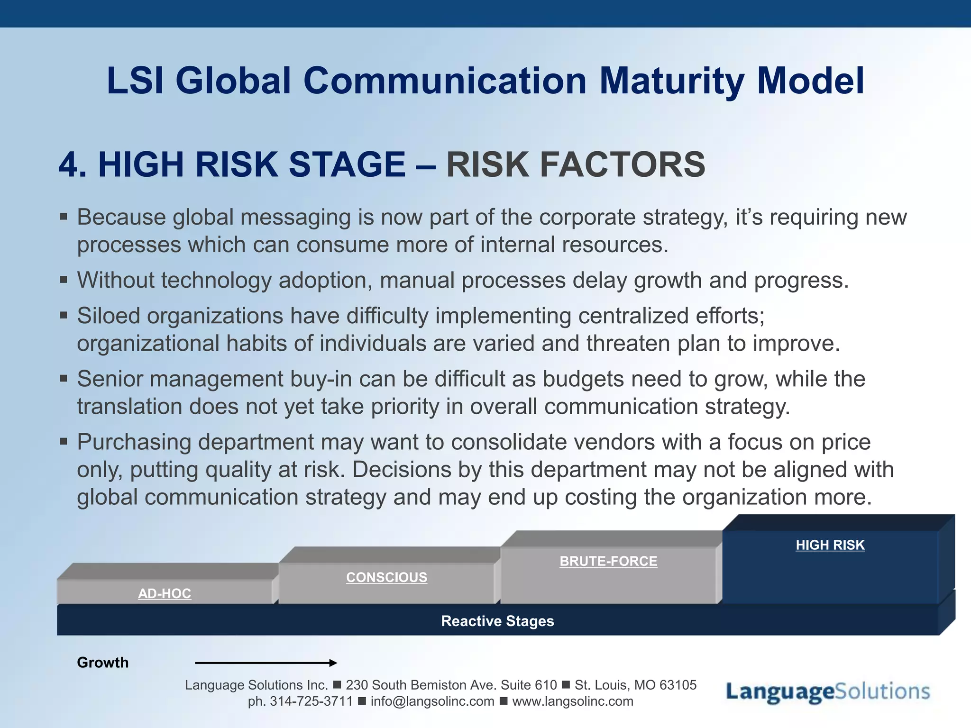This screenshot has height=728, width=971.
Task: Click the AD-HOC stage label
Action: point(165,593)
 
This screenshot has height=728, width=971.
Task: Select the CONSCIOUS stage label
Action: point(386,577)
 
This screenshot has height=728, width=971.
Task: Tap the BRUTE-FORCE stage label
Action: point(608,561)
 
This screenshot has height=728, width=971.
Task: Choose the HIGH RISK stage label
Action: point(830,545)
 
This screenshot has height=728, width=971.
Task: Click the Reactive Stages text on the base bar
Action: point(497,621)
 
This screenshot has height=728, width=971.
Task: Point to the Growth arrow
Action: point(266,663)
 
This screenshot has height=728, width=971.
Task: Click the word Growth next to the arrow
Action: point(102,663)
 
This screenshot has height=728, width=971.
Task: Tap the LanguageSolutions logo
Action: point(828,692)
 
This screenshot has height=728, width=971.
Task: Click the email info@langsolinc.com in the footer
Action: point(432,701)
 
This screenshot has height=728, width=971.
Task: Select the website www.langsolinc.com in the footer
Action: point(572,701)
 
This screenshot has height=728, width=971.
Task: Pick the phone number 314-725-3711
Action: point(311,701)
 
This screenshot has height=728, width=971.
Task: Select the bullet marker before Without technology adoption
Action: point(64,280)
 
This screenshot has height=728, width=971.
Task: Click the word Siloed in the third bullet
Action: point(109,316)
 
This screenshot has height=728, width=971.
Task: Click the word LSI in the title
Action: point(135,81)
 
